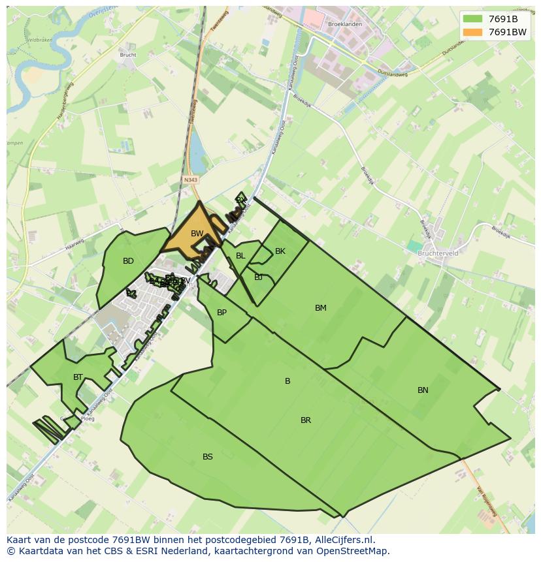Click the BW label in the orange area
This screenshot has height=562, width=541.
(197, 234)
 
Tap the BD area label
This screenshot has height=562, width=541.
(128, 261)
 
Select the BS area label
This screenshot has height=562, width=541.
(207, 457)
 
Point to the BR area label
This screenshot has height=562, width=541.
(306, 420)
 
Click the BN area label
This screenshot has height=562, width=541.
(423, 390)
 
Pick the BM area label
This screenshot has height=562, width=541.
(320, 308)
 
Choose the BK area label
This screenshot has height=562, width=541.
(280, 251)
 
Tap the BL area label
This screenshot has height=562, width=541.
(240, 256)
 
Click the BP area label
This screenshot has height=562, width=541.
(221, 313)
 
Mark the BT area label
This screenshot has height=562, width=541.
(78, 377)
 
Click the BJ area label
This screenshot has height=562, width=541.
(258, 277)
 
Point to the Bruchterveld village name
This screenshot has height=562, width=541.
(437, 253)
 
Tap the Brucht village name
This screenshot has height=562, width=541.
(128, 55)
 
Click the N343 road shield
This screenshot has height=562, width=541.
(190, 180)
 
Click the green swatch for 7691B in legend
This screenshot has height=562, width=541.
(472, 19)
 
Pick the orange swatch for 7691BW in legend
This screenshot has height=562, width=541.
(472, 32)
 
